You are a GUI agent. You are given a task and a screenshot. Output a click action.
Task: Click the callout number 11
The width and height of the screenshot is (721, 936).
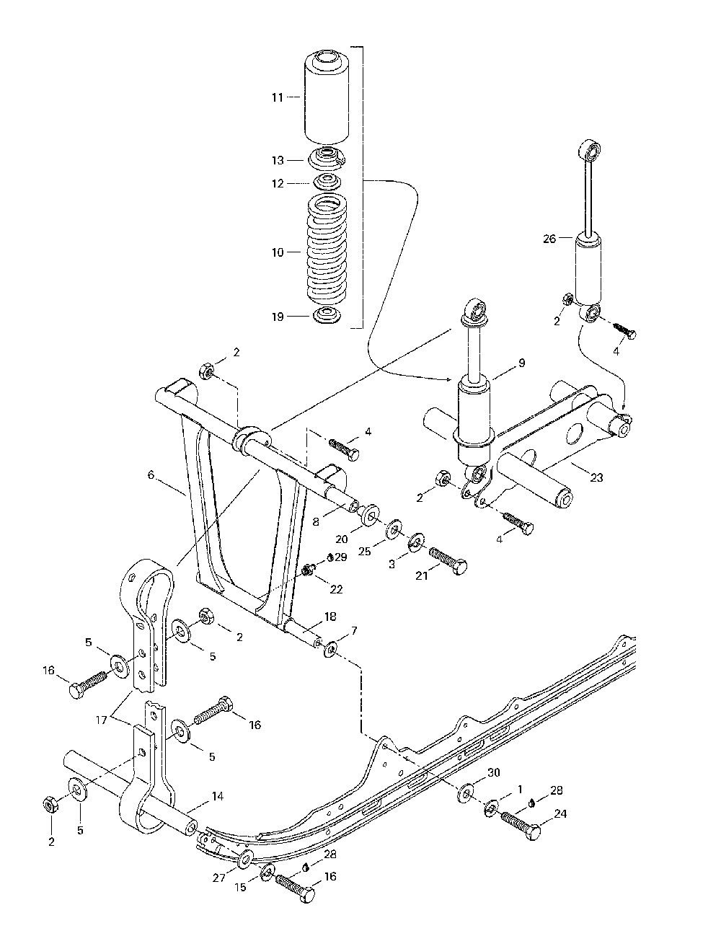click(x=278, y=98)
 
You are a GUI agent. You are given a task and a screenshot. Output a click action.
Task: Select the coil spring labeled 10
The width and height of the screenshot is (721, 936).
click(x=327, y=251)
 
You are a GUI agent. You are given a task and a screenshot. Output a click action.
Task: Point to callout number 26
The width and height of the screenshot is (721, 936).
click(x=549, y=239)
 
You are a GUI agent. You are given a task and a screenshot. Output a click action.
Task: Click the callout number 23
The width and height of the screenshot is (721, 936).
click(x=596, y=477)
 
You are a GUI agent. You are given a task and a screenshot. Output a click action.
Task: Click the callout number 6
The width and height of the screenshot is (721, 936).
click(x=151, y=475)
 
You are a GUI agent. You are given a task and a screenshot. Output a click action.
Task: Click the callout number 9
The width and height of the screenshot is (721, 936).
click(x=522, y=363)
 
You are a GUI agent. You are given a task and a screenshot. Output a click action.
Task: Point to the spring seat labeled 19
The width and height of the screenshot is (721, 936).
click(x=327, y=316)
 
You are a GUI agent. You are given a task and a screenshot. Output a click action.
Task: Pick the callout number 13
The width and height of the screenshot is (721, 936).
click(x=278, y=160)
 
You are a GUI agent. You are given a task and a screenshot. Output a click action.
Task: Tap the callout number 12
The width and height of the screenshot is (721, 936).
click(x=278, y=184)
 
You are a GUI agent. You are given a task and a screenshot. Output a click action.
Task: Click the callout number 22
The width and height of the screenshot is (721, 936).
click(x=336, y=589)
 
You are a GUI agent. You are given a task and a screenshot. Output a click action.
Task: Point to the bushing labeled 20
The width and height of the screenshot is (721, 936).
click(x=370, y=515)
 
